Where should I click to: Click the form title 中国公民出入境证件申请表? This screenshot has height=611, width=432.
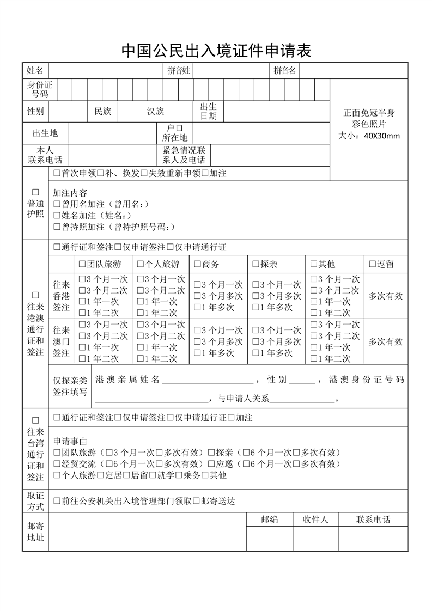(x=216, y=51)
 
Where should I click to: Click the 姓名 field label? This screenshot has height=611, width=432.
(x=35, y=70)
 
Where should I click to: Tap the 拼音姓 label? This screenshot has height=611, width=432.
(x=179, y=70)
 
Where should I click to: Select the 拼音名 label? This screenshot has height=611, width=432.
(x=284, y=70)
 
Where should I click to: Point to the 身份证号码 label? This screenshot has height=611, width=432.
(x=40, y=89)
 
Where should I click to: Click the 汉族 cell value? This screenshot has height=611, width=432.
(x=155, y=111)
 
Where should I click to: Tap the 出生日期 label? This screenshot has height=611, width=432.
(x=208, y=111)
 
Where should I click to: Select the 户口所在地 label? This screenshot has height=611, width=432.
(x=174, y=133)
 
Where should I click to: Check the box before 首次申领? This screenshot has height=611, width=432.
(x=57, y=173)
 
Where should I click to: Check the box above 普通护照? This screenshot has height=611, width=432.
(x=35, y=192)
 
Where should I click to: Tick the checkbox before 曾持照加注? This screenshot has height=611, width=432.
(x=57, y=227)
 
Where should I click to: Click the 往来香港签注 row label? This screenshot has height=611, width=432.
(x=61, y=296)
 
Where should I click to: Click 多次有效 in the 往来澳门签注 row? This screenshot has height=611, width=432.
(x=386, y=341)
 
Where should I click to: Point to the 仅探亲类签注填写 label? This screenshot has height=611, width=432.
(x=70, y=386)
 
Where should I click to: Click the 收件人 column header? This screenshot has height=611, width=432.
(x=315, y=520)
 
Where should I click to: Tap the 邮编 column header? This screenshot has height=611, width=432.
(x=269, y=520)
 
